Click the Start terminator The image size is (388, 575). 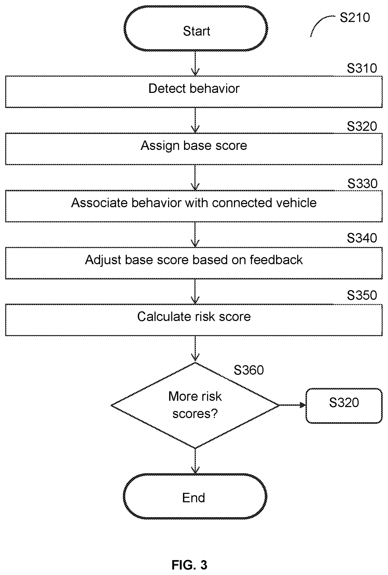pos(196,29)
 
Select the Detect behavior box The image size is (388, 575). pos(194,92)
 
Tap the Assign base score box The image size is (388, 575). pos(194,149)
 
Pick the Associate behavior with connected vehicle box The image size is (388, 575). pos(194,206)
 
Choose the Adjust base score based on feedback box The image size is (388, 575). pos(194,263)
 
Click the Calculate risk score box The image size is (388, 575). pos(194,320)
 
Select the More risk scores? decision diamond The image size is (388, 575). pos(195,405)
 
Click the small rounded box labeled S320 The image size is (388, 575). pos(344,405)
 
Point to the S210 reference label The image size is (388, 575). pos(355,18)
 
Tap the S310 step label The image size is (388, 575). pos(362,68)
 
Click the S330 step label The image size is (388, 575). pos(362,184)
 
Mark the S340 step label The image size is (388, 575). pos(362,238)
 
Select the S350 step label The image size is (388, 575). pos(362,295)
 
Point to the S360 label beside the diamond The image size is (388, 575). pos(249,370)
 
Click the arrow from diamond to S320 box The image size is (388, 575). pos(292,405)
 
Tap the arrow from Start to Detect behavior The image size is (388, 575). pos(195,63)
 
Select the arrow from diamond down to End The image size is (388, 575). pos(195,461)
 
